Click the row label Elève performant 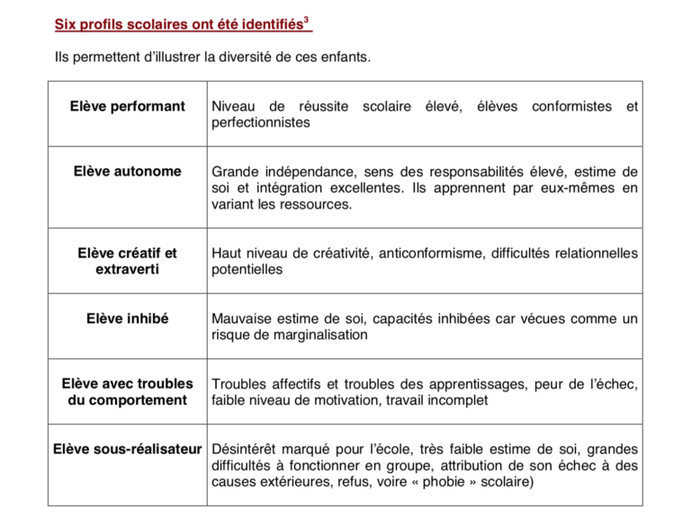pyautogui.click(x=127, y=106)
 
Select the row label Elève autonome pyautogui.click(x=127, y=171)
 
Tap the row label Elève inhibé pyautogui.click(x=127, y=318)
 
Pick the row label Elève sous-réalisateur pyautogui.click(x=127, y=448)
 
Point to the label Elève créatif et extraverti pyautogui.click(x=127, y=261)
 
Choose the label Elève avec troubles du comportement pyautogui.click(x=127, y=392)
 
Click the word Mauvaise pyautogui.click(x=241, y=318)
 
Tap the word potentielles pyautogui.click(x=247, y=269)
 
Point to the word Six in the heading pyautogui.click(x=66, y=24)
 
